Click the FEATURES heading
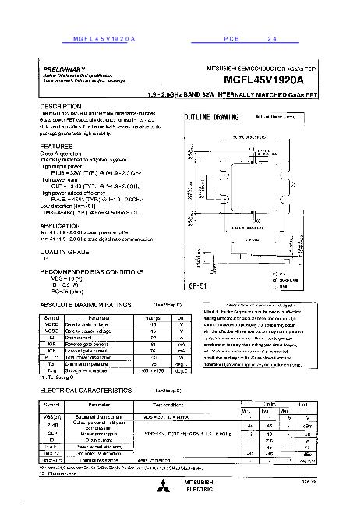pos(56,147)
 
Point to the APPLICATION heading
pos(60,225)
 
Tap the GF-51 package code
pos(198,286)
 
